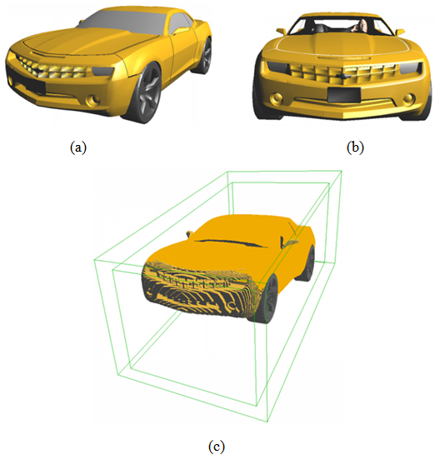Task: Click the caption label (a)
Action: pyautogui.click(x=78, y=147)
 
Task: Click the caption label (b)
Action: pyautogui.click(x=355, y=147)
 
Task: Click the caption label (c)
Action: pyautogui.click(x=217, y=447)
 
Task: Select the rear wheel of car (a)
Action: pyautogui.click(x=203, y=55)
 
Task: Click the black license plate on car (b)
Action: pyautogui.click(x=344, y=95)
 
